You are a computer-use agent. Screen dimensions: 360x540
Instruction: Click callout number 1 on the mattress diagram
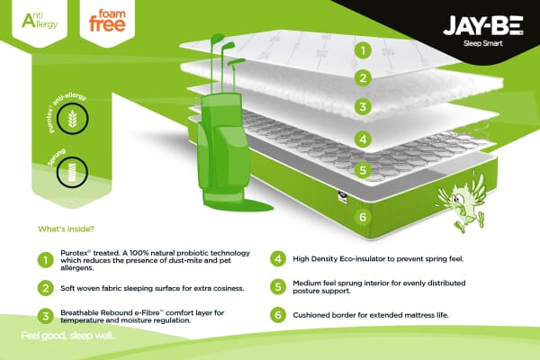click(x=363, y=50)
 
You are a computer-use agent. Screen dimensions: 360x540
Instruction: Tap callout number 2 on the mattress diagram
click(x=363, y=77)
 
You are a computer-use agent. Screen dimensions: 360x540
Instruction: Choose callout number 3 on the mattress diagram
click(x=363, y=107)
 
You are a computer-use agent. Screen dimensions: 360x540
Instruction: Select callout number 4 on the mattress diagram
click(x=363, y=139)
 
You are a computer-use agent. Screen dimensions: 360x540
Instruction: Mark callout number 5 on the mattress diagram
click(x=363, y=170)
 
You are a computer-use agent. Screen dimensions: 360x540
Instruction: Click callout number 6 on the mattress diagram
click(x=363, y=217)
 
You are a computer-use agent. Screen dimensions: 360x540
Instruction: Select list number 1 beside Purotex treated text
click(x=44, y=260)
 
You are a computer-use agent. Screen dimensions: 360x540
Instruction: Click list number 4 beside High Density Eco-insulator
click(x=278, y=257)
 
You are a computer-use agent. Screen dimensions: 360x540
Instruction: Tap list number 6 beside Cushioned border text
click(x=278, y=315)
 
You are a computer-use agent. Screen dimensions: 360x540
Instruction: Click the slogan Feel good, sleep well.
click(x=68, y=337)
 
